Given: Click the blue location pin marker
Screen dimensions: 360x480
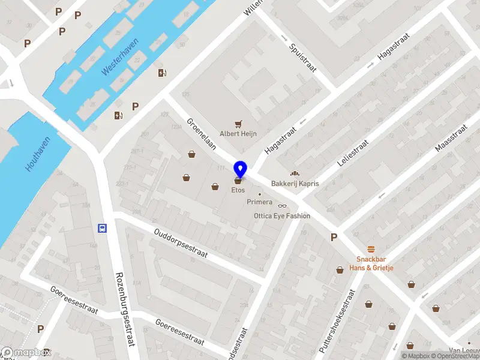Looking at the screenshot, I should point(240,170).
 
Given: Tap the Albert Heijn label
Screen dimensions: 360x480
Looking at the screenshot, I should point(238,134).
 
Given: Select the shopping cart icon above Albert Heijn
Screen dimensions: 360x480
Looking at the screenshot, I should point(239,124).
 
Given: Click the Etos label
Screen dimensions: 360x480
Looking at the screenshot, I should point(238,190).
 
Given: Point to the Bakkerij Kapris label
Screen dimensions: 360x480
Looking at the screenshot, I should point(295,183).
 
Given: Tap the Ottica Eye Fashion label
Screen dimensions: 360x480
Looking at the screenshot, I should point(282,216).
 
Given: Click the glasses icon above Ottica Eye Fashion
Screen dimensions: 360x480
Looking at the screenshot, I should point(282,206).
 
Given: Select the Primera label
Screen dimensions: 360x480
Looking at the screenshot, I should point(260,202).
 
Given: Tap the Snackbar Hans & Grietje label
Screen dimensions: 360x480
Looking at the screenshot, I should point(372,263).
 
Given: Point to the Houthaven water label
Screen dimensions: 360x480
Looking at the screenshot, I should point(38,154).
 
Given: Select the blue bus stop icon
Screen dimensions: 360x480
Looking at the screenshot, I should point(102,228).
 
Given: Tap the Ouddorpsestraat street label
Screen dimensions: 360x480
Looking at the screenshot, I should point(180,242).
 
